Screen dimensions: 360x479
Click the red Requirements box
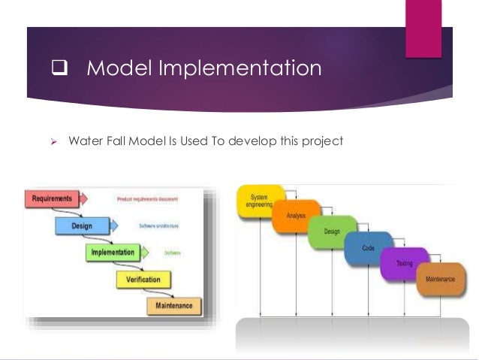pos(51,199)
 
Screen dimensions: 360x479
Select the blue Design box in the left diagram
pos(82,225)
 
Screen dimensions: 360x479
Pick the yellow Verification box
pos(143,280)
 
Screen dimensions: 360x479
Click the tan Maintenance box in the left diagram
pos(173,306)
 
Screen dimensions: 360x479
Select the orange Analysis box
pos(294,216)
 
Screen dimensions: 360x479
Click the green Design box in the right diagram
pos(331,232)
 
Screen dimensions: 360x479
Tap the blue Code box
pos(368,248)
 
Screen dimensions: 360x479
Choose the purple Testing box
pos(403,264)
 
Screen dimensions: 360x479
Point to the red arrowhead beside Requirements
pos(84,199)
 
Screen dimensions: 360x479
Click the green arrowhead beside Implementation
pos(146,253)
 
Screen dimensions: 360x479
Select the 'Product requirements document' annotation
pos(147,199)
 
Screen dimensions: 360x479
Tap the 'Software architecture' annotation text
pos(159,225)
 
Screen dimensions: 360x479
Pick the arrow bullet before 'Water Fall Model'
pos(53,141)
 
